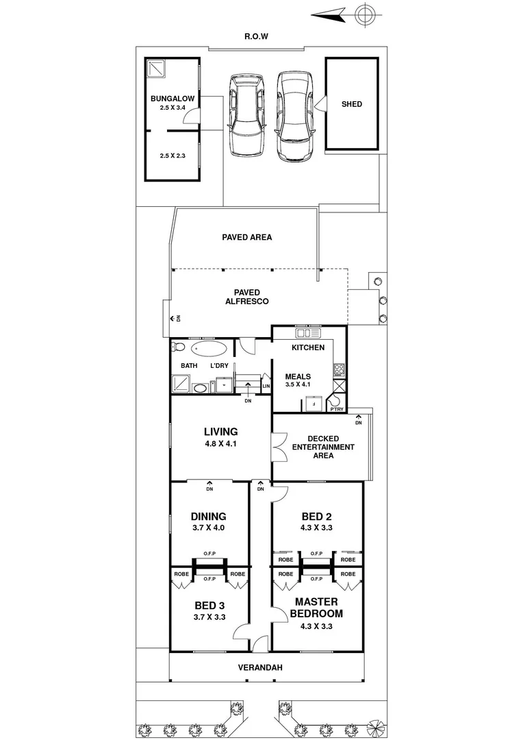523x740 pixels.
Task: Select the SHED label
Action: (351, 104)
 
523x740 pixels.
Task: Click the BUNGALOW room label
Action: (173, 99)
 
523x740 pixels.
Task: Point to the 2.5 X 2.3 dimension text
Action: (173, 156)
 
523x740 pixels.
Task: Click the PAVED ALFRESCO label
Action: (246, 297)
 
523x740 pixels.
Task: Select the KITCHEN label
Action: (308, 347)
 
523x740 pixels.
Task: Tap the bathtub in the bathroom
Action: (207, 349)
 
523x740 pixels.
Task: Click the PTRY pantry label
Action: (336, 409)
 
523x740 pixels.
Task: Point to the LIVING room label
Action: (220, 432)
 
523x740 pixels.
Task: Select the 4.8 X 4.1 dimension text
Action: (220, 444)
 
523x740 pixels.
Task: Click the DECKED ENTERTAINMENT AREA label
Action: (323, 447)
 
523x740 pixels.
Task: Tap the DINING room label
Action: (209, 517)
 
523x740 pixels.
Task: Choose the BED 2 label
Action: (316, 517)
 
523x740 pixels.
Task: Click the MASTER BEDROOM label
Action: (316, 607)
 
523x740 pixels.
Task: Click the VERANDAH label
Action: (260, 667)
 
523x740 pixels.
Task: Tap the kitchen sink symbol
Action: (307, 334)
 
